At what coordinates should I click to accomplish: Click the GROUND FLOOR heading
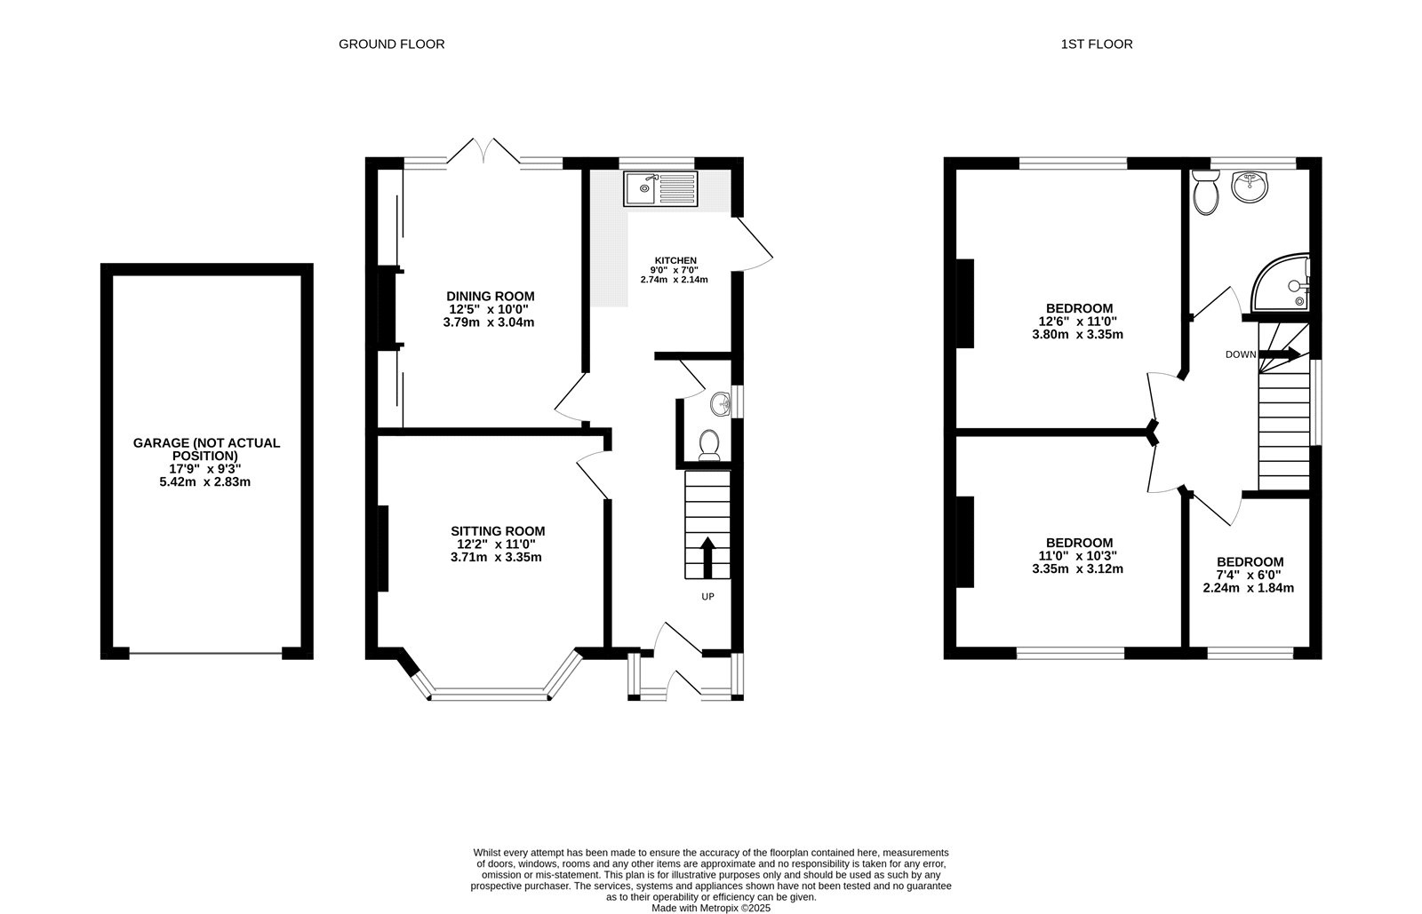(x=391, y=44)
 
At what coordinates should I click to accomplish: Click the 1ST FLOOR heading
(x=1096, y=44)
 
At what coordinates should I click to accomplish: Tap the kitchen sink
(x=662, y=188)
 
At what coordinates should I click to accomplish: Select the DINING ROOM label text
(x=490, y=296)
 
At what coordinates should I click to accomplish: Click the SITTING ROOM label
(x=497, y=531)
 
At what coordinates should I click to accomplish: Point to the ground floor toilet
(x=709, y=444)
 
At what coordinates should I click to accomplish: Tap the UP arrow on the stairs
(x=707, y=557)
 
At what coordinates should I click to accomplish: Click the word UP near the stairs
(x=707, y=597)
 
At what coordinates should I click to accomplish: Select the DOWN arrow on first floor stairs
(x=1280, y=354)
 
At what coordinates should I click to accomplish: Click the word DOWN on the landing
(x=1241, y=354)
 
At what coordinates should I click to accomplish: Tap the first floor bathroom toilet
(x=1205, y=194)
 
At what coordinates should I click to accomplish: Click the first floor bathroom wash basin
(x=1250, y=187)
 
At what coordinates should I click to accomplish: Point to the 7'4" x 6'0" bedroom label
(x=1249, y=575)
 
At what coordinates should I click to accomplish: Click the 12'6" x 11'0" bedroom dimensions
(x=1077, y=322)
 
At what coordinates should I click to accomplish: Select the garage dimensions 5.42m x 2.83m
(x=206, y=482)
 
